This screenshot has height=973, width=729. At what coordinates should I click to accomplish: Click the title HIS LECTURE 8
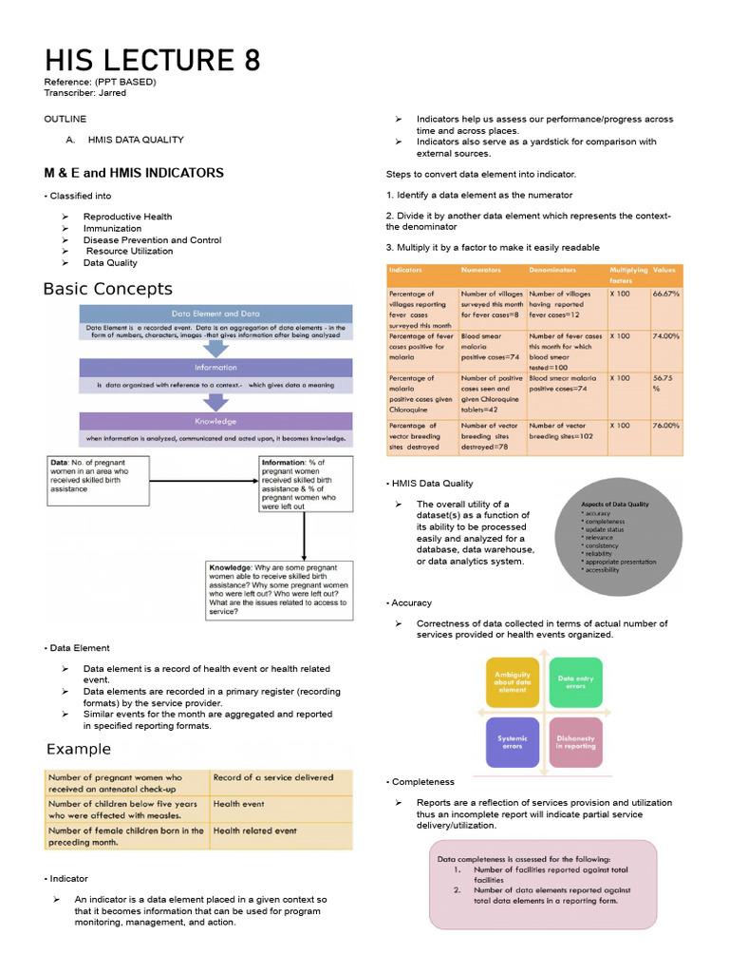point(152,62)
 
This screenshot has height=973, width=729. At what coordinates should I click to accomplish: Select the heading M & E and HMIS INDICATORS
point(134,173)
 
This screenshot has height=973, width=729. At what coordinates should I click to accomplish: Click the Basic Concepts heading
point(108,289)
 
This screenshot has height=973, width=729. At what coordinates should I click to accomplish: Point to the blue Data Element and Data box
point(215,314)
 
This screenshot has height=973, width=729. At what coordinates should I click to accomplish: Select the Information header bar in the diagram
point(215,367)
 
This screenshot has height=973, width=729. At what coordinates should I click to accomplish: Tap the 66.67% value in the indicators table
point(665,295)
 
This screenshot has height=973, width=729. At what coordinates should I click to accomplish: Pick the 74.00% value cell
point(665,336)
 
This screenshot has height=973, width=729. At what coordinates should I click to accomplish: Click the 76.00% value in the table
point(665,426)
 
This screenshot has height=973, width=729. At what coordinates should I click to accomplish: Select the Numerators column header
point(480,271)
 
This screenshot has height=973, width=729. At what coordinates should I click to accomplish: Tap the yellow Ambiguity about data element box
point(512,682)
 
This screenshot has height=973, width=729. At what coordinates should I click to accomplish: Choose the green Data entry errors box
point(575,682)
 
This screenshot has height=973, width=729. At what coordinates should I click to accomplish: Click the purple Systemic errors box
point(512,742)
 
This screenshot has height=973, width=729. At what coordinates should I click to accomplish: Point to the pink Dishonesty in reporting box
point(575,742)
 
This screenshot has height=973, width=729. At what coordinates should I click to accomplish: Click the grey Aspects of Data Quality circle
point(629,537)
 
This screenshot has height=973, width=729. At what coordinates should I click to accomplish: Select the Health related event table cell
point(281,830)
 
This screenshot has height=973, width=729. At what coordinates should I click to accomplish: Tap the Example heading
point(79,749)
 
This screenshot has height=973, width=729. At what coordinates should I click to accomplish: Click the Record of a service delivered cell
point(281,777)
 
